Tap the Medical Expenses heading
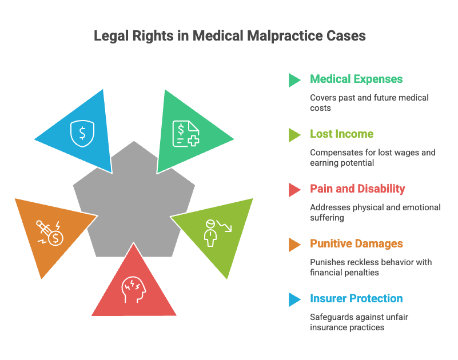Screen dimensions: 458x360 pos(356,79)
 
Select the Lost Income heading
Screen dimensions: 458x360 pos(341,134)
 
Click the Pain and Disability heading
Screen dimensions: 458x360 pos(357,189)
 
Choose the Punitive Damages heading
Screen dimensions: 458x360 pos(356,243)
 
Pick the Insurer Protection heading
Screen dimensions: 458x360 pos(356,298)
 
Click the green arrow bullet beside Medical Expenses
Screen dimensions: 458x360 pos(294,80)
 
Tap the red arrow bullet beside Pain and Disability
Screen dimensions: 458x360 pos(294,190)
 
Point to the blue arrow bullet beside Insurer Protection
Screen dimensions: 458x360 pos(294,299)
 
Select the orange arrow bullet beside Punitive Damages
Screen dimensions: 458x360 pos(294,245)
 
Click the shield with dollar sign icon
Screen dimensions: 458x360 pos(82,134)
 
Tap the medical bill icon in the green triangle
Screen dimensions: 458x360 pos(186,134)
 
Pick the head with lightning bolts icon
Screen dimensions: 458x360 pos(133,289)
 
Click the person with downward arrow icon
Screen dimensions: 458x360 pos(218,233)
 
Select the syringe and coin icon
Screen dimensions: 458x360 pos(50,233)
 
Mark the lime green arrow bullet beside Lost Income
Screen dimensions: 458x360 pos(294,135)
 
